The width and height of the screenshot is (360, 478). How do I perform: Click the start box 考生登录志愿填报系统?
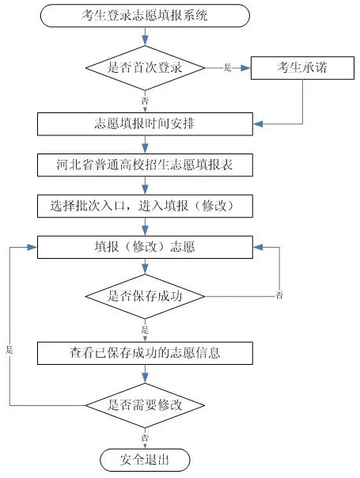tap(145, 15)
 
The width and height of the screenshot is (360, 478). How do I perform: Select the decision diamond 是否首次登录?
tap(145, 68)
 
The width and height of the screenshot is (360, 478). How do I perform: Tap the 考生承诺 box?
tap(302, 68)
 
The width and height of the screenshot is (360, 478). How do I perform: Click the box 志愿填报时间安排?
tap(145, 124)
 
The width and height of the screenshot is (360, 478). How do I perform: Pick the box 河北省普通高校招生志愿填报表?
tap(145, 165)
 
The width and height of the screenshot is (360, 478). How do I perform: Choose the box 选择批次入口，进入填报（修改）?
tap(145, 206)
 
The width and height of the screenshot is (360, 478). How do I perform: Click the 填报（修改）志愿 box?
tap(145, 247)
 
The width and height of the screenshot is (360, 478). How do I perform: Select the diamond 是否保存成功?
tap(145, 296)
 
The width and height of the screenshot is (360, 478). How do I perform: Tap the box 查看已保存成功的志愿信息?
tap(145, 353)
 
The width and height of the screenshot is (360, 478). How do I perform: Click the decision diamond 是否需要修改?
tap(145, 405)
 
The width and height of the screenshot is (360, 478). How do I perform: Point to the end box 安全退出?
tap(145, 460)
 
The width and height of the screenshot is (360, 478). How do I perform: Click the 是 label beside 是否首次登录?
tap(228, 67)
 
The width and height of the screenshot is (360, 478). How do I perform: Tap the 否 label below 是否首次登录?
tap(145, 101)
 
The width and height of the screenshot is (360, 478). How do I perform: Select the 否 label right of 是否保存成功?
tap(279, 295)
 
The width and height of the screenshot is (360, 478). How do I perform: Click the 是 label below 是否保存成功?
tap(145, 329)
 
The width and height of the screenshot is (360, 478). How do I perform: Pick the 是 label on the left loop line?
tap(9, 350)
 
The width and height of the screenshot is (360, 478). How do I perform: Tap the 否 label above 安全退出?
tap(145, 438)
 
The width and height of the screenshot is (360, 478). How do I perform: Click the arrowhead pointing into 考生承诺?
tap(246, 68)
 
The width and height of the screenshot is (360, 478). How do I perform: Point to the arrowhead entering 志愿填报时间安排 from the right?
tap(258, 124)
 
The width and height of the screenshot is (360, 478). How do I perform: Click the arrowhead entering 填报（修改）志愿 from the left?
tap(32, 247)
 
